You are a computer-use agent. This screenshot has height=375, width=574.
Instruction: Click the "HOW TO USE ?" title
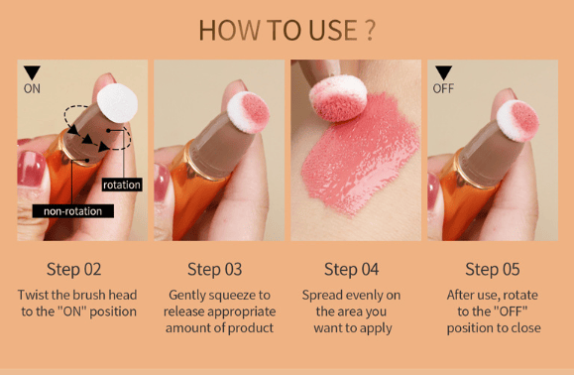coord(287,30)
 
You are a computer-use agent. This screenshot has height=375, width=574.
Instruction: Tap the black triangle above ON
coord(32,72)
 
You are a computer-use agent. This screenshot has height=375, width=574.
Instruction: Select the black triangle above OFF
coord(443,72)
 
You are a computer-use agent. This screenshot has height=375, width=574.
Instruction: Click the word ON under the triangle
coord(32,88)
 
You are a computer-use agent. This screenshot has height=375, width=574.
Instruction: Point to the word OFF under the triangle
coord(443,88)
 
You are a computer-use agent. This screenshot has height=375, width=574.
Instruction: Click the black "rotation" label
coord(122,185)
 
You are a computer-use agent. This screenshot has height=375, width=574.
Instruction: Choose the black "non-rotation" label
coord(72,211)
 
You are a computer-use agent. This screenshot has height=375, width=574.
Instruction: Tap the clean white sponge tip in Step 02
coord(117,103)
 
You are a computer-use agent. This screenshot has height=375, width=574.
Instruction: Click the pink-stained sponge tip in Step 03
coord(249,112)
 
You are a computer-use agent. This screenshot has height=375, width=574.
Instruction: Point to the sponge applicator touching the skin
coord(337,98)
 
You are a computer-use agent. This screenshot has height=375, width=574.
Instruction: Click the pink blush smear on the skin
coord(359,154)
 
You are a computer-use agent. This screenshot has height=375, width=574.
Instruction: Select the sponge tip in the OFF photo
coord(517,120)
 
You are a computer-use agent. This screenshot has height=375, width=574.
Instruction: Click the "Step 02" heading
coord(73,270)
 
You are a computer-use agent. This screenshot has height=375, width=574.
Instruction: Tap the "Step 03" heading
coord(214,270)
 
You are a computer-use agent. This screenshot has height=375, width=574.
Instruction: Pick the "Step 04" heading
coord(351,270)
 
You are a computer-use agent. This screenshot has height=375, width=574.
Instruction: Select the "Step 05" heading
coord(493,270)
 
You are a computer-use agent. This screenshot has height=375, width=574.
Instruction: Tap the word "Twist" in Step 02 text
coord(33,295)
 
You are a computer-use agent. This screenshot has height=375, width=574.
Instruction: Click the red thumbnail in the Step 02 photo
coord(31,169)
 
